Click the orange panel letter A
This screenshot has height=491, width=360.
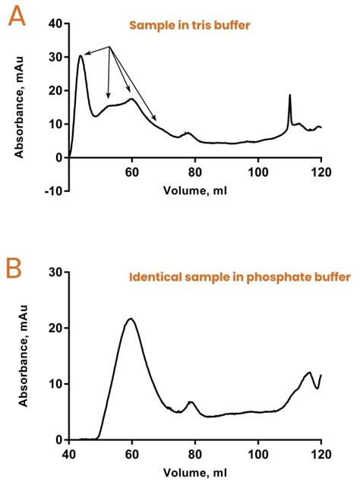click(16, 17)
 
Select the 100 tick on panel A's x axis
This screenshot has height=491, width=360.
click(258, 172)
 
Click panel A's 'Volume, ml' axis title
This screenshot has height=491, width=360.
click(194, 190)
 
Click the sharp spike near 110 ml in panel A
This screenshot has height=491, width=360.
click(289, 96)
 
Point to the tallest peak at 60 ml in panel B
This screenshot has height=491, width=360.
click(131, 319)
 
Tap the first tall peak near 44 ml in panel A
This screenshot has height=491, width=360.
click(81, 55)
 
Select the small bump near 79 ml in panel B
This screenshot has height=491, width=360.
click(191, 401)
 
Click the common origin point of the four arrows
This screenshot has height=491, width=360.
click(110, 47)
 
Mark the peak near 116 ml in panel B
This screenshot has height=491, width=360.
click(309, 373)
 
